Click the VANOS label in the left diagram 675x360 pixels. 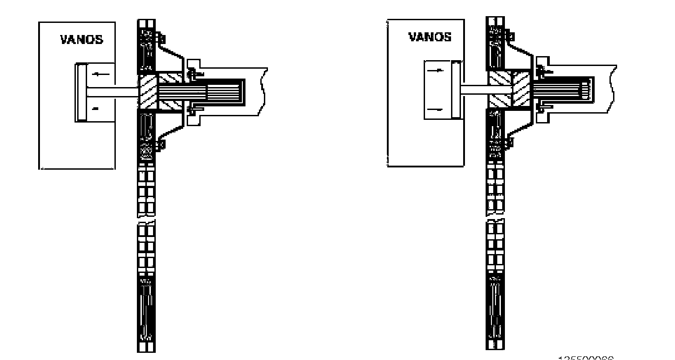tap(82, 40)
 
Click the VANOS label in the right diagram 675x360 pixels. tap(430, 37)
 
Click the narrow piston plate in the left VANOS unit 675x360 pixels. tap(81, 92)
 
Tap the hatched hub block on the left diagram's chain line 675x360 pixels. tap(147, 92)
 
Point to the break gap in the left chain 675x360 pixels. tap(146, 220)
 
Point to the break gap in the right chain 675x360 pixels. tap(495, 219)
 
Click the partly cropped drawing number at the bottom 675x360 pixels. tap(586, 358)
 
